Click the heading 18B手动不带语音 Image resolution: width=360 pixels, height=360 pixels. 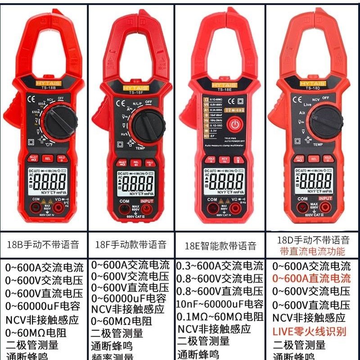43,245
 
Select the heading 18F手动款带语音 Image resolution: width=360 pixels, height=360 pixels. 130,245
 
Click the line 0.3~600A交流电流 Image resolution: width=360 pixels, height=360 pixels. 220,265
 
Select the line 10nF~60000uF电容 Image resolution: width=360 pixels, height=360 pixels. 220,304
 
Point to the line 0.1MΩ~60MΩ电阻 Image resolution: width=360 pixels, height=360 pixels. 220,317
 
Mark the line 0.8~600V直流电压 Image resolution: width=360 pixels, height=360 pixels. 220,291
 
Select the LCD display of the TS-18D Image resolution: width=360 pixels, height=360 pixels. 315,182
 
